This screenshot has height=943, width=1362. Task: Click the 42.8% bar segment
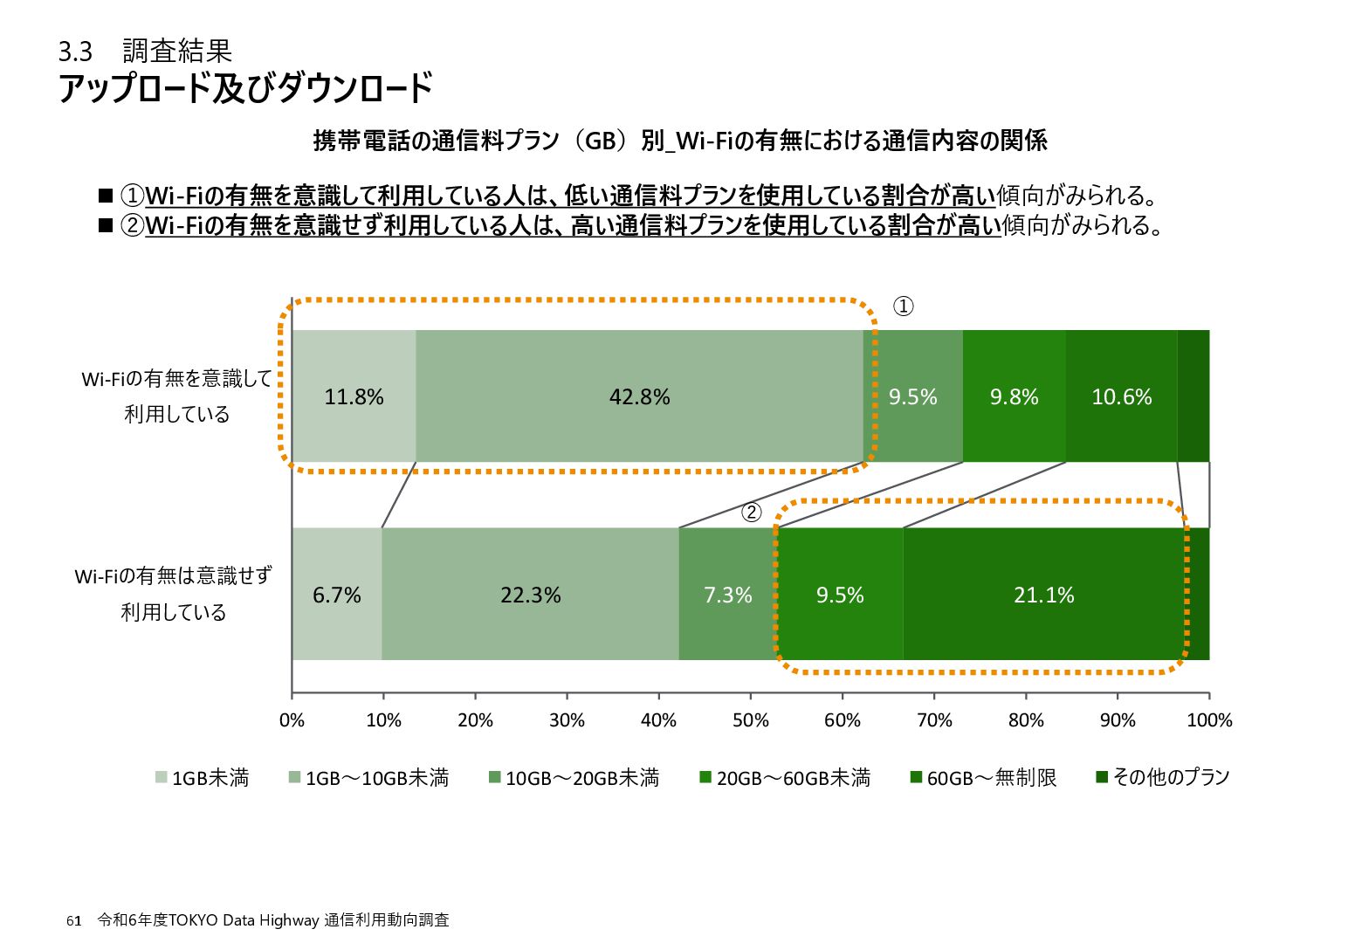(x=639, y=396)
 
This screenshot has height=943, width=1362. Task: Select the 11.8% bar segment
(x=354, y=396)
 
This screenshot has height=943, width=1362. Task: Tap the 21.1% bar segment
(x=1044, y=595)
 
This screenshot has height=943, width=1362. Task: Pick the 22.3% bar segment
(x=530, y=595)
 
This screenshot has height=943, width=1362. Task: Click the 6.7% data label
(x=337, y=595)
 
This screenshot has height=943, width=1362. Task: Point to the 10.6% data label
(x=1122, y=397)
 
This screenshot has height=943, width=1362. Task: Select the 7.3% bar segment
(x=727, y=595)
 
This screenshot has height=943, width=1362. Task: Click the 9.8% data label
(x=1014, y=397)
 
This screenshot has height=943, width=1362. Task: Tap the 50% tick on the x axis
(x=751, y=720)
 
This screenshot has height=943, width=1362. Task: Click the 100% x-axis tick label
(x=1209, y=720)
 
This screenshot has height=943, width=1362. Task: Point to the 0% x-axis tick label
(x=292, y=720)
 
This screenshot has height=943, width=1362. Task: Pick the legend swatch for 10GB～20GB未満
(x=495, y=777)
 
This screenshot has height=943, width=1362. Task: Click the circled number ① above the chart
(x=903, y=306)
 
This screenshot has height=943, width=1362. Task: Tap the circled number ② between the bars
(x=752, y=513)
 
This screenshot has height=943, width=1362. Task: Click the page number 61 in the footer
(x=74, y=921)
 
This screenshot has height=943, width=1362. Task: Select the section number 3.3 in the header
(x=75, y=52)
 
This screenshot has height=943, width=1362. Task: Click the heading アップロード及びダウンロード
(x=245, y=89)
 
